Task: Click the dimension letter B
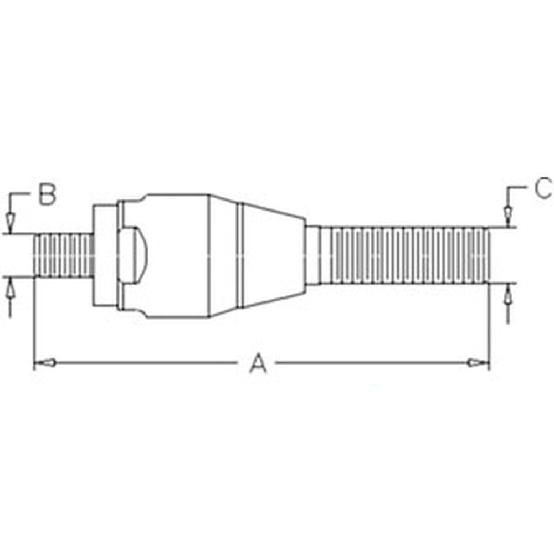click(x=47, y=193)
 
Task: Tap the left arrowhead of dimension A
click(x=45, y=362)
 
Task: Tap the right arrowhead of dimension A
click(x=478, y=362)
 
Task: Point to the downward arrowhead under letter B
click(x=10, y=223)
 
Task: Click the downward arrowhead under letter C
click(x=508, y=216)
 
